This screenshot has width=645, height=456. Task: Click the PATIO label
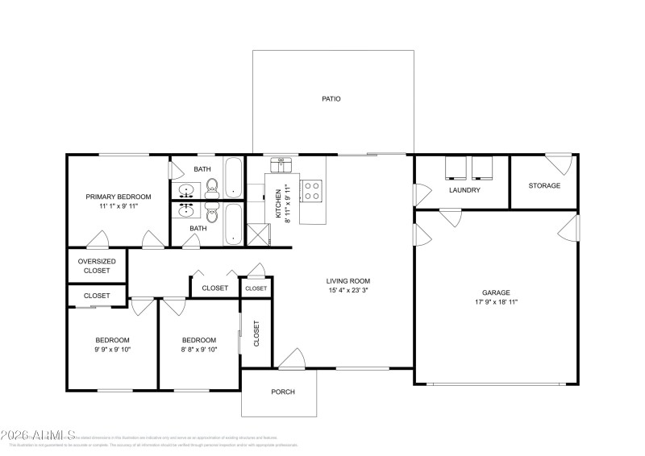pyautogui.click(x=331, y=99)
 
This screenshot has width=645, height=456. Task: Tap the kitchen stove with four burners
pyautogui.click(x=311, y=191)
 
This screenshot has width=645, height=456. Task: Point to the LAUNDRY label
pyautogui.click(x=465, y=190)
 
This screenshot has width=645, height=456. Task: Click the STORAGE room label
pyautogui.click(x=544, y=185)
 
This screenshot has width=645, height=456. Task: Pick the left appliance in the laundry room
pyautogui.click(x=456, y=167)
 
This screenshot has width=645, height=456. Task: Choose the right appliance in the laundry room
pyautogui.click(x=483, y=167)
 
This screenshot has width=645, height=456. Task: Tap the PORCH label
pyautogui.click(x=282, y=392)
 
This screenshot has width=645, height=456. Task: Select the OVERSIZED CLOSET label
pyautogui.click(x=97, y=266)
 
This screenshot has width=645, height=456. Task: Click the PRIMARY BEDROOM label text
pyautogui.click(x=119, y=197)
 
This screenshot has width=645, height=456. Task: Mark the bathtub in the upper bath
pyautogui.click(x=234, y=177)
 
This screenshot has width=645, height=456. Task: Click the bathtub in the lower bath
pyautogui.click(x=234, y=224)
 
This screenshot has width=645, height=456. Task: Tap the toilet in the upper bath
pyautogui.click(x=212, y=191)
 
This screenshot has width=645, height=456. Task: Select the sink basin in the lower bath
pyautogui.click(x=187, y=212)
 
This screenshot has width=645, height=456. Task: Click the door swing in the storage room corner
pyautogui.click(x=560, y=162)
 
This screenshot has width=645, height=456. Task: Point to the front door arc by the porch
pyautogui.click(x=290, y=359)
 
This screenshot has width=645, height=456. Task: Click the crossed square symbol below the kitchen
pyautogui.click(x=257, y=234)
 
